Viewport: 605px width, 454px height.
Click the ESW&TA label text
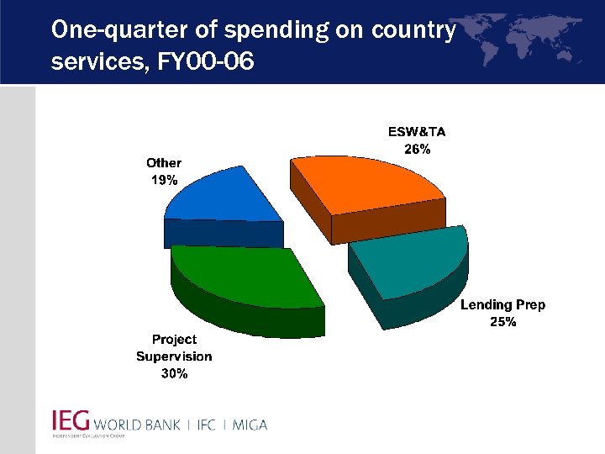coord(417,132)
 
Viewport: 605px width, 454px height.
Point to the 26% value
coord(417,149)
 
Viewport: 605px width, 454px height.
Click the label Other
coord(164,163)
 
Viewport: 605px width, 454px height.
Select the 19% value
coord(164,180)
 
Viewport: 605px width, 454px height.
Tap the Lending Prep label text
coord(502,304)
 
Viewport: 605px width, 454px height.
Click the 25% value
coord(502,321)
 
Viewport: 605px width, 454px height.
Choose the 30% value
coord(174,373)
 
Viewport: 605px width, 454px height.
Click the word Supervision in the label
coord(174,356)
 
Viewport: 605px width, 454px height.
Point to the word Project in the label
coord(174,340)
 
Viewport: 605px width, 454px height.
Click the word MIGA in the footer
coord(248,425)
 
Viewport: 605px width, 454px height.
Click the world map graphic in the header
coord(529,38)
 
